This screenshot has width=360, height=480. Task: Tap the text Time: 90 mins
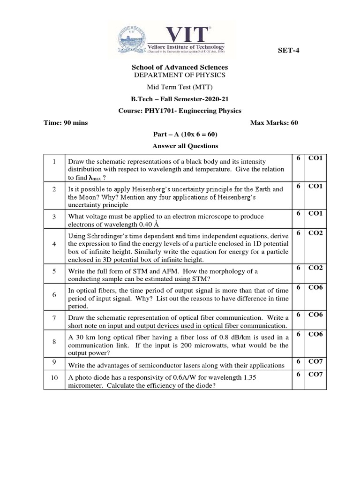tap(66, 123)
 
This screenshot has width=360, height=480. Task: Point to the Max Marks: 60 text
tap(274, 123)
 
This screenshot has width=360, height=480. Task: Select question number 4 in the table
tap(54, 244)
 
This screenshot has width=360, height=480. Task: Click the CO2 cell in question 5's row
tap(315, 268)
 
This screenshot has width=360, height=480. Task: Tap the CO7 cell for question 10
tap(315, 374)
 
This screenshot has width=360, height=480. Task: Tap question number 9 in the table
tap(54, 362)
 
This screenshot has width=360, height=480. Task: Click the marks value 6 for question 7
tap(298, 315)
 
